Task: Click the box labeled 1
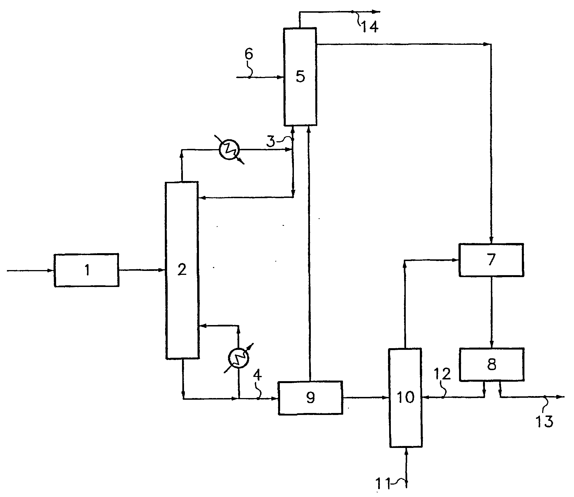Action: (87, 270)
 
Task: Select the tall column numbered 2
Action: (182, 270)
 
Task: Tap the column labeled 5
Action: (300, 76)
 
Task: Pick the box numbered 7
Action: (491, 260)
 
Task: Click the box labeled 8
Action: (492, 365)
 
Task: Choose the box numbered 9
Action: (311, 398)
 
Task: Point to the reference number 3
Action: (271, 141)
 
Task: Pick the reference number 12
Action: (442, 374)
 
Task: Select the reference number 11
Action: (383, 484)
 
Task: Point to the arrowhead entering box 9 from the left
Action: (275, 399)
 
